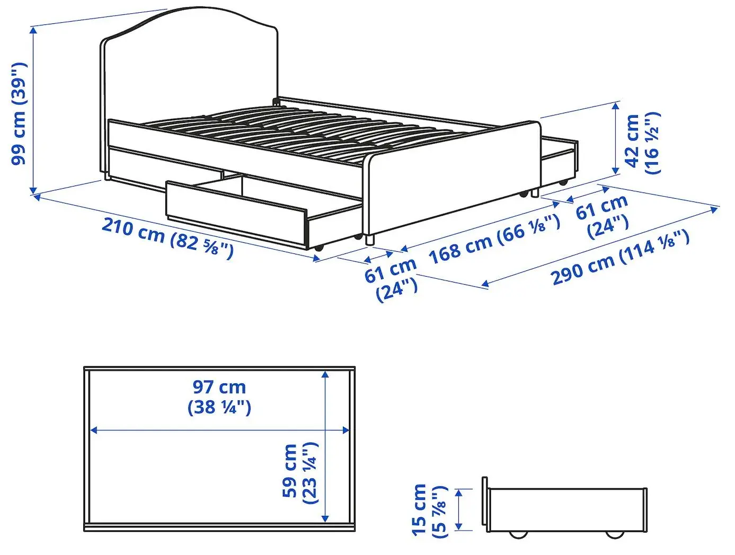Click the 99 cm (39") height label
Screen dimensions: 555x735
[19, 113]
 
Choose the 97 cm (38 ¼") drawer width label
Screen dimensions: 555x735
[219, 397]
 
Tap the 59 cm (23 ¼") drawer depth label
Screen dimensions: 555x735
[300, 471]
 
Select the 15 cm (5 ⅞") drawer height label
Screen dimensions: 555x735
[429, 510]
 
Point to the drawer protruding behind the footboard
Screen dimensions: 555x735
[559, 156]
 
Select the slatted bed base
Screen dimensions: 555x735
[297, 130]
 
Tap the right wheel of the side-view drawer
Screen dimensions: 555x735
[615, 534]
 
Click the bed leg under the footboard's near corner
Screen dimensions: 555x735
[370, 240]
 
